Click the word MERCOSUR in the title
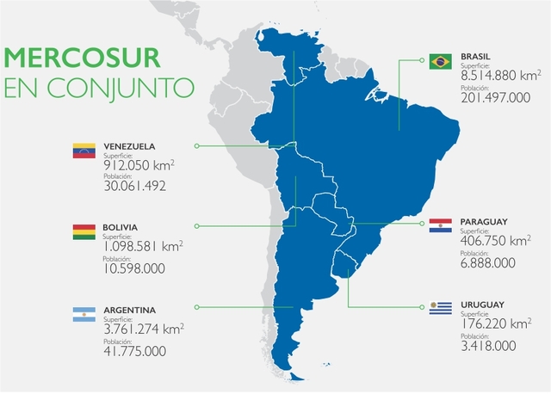[x=83, y=58]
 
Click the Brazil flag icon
[x=441, y=61]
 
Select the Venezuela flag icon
[x=84, y=151]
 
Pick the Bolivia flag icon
[x=84, y=231]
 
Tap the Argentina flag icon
[x=84, y=314]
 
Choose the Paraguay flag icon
[x=441, y=225]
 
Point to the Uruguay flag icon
[x=441, y=308]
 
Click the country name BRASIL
[x=478, y=55]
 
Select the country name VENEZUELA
[x=129, y=145]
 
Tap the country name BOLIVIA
[x=121, y=227]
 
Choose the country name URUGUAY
[x=482, y=304]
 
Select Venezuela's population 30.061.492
[x=133, y=185]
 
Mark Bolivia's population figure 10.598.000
[x=133, y=268]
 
